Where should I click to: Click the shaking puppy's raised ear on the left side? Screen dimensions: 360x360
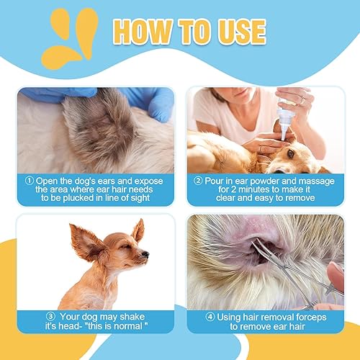coord(84,243)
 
